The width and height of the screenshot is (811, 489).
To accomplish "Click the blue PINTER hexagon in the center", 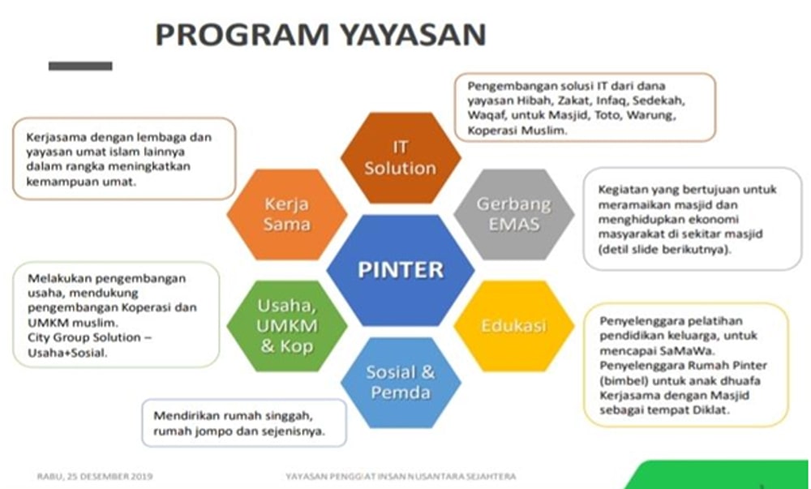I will [400, 269].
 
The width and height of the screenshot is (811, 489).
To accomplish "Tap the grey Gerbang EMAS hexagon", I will [513, 213].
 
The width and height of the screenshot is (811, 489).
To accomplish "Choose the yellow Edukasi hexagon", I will [513, 326].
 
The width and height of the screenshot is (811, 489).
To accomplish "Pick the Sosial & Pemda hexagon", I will [400, 382].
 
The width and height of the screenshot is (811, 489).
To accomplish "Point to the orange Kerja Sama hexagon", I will [287, 213].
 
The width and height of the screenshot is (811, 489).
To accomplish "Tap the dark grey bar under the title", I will [80, 66].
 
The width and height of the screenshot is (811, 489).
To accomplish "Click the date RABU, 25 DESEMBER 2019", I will [95, 476].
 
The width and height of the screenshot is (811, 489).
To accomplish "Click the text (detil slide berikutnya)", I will [663, 250].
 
